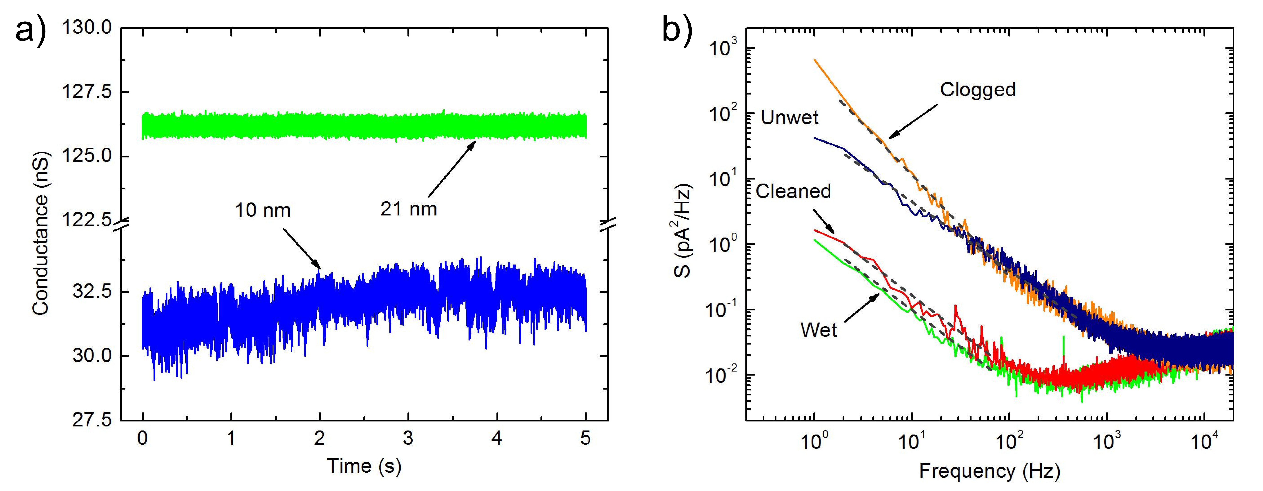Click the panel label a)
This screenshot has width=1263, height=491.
30,30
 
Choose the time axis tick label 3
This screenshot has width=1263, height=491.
408,438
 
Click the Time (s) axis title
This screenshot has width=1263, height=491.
364,466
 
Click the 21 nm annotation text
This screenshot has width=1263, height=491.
408,209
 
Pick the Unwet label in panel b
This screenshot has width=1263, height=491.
789,118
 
